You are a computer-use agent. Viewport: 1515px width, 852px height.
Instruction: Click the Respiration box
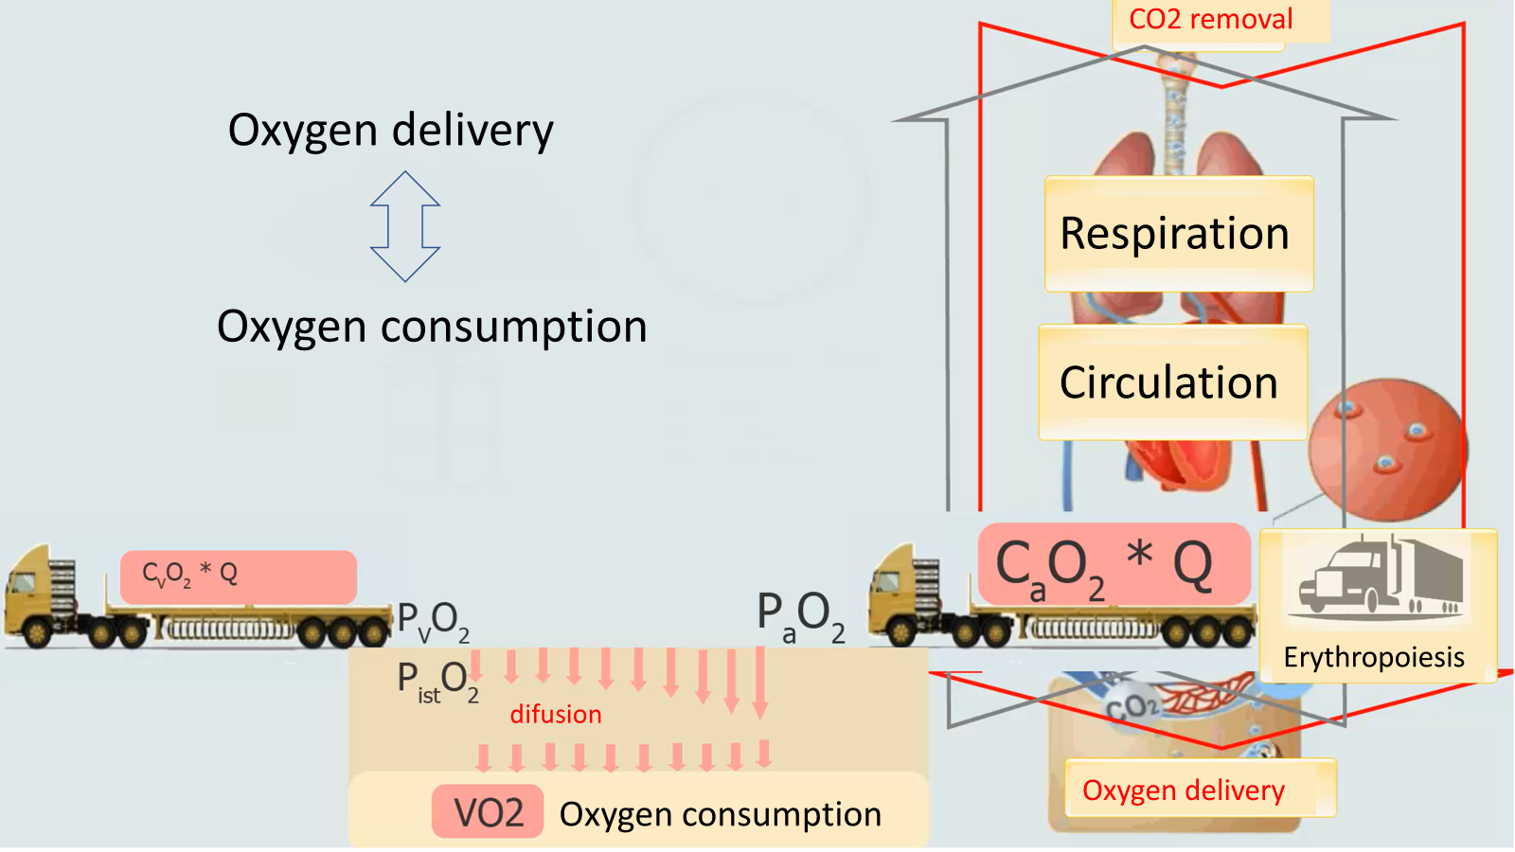[x=1178, y=234]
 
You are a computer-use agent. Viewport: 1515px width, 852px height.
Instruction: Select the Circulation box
[x=1172, y=382]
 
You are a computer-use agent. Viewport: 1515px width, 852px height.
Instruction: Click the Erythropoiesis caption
[x=1374, y=657]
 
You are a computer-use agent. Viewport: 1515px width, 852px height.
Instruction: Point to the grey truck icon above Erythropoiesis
[x=1381, y=578]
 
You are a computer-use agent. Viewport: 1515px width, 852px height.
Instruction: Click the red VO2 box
[x=488, y=812]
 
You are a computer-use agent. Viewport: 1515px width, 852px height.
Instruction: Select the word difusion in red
[x=556, y=714]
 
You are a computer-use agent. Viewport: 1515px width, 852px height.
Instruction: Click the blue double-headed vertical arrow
[x=405, y=226]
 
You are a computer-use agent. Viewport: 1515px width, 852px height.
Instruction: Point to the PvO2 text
[x=433, y=622]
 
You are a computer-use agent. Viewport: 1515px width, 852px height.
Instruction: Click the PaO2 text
[x=800, y=615]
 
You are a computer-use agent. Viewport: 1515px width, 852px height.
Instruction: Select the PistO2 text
[x=437, y=681]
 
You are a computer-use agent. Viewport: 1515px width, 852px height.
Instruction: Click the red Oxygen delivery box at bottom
[x=1184, y=790]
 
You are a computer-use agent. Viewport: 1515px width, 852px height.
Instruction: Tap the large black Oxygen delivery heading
[x=390, y=131]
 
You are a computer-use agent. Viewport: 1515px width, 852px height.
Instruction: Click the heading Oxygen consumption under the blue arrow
[x=432, y=327]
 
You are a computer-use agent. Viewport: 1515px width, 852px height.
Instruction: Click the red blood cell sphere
[x=1386, y=450]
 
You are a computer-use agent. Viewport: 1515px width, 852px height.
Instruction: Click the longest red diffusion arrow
[x=760, y=682]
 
